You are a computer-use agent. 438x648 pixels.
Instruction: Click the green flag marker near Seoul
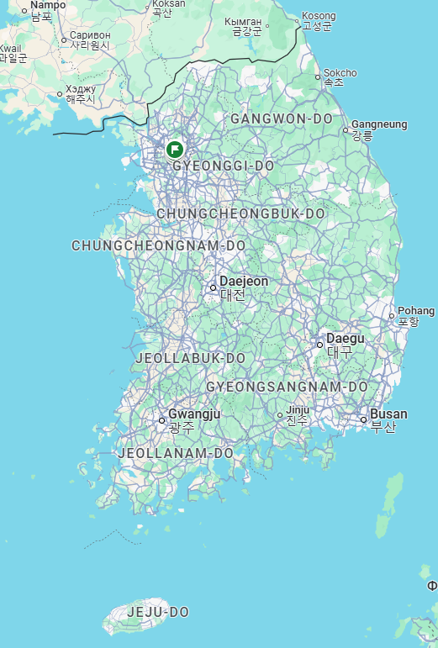[x=175, y=150]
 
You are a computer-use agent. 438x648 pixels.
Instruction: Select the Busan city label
[x=388, y=414]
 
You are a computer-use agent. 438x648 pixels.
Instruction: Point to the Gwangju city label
[x=193, y=414]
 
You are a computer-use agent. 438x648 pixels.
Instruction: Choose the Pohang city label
[x=416, y=311]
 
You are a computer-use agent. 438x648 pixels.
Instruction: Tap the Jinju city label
[x=298, y=410]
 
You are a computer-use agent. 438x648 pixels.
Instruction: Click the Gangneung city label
[x=378, y=124]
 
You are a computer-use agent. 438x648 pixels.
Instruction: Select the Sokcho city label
[x=340, y=73]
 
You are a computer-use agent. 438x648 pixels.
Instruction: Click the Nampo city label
[x=47, y=5]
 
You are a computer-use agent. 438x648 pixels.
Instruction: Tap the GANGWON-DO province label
[x=281, y=119]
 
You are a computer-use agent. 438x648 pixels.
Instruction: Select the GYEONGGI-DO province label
[x=223, y=166]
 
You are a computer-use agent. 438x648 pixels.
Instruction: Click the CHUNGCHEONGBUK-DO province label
[x=240, y=214]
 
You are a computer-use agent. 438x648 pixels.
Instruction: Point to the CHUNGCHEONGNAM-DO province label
[x=158, y=246]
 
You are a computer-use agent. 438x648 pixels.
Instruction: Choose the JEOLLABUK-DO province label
[x=190, y=358]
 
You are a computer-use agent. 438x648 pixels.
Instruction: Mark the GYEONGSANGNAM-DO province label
[x=287, y=387]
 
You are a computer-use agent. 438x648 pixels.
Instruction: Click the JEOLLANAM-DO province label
[x=175, y=453]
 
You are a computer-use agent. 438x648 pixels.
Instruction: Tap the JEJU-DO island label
[x=157, y=612]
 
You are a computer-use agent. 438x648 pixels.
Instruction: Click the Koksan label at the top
[x=168, y=4]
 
